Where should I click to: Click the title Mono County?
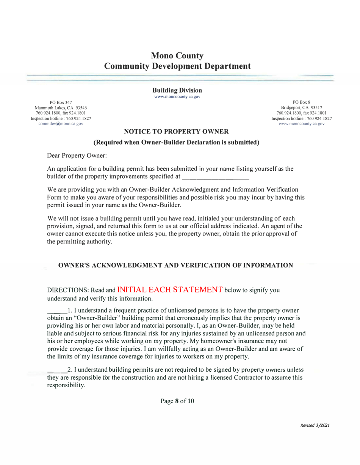pos(177,56)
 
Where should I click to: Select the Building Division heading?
pos(177,90)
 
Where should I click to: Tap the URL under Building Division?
pos(177,96)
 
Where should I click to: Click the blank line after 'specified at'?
pos(215,177)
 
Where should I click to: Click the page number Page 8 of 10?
pos(177,401)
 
